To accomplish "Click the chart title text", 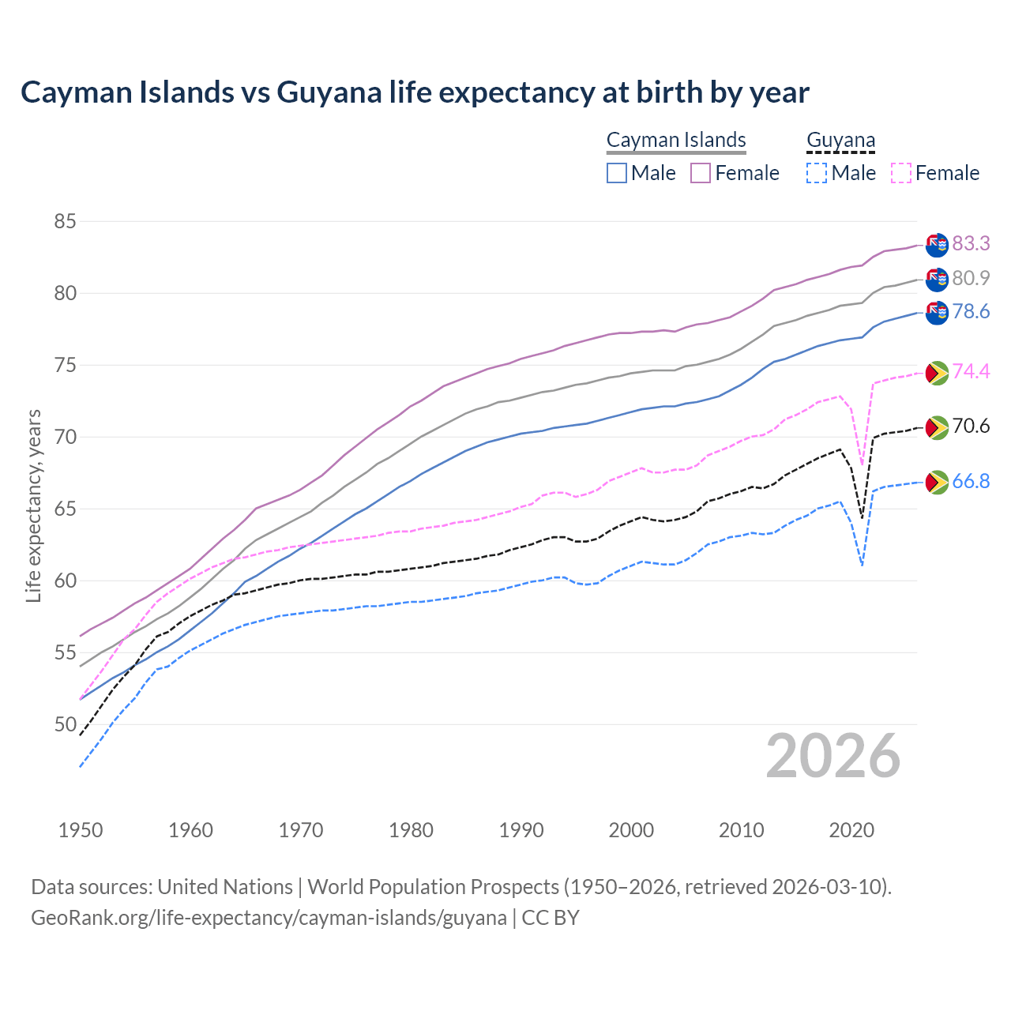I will pos(415,92).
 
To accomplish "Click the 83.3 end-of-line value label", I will pos(971,243).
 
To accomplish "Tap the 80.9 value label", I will pos(971,278).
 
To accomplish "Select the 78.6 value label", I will pos(971,312).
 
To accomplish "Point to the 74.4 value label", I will pos(971,371).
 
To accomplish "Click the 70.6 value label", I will pos(971,427).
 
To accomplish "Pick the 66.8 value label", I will pos(971,482).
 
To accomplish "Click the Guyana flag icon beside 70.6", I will pos(937,427).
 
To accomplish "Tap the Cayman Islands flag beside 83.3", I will pos(937,245).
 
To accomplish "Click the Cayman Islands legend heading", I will pos(676,140).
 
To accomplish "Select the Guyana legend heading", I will pos(840,141).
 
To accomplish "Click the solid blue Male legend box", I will pos(617,173).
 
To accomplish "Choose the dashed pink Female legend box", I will pos(901,173).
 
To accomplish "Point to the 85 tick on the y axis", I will pos(65,222).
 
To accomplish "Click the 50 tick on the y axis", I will pos(65,724).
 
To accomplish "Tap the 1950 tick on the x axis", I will pos(81,830).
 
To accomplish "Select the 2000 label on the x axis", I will pos(631,830).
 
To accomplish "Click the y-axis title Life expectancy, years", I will pos(34,505).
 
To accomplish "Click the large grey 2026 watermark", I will pos(832,756).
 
